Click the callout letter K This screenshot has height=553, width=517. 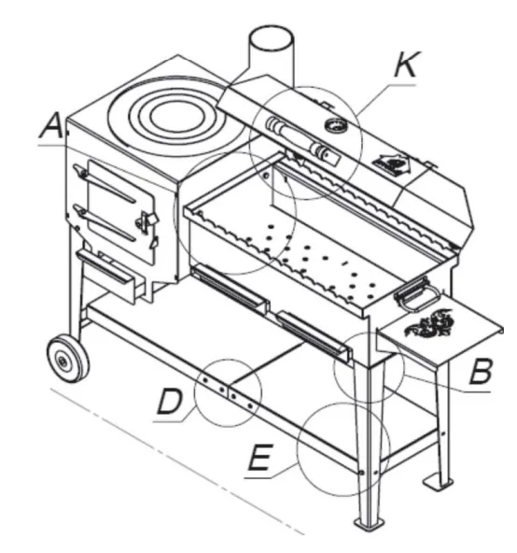406,64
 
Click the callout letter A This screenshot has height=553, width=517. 52,125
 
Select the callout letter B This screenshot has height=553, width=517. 480,371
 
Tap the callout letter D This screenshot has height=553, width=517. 170,401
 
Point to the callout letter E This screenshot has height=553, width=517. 260,457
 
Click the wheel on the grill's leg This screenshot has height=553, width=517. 68,359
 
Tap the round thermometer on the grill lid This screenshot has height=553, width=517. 335,125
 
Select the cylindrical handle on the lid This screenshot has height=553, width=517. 302,138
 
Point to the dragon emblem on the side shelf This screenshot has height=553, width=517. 429,322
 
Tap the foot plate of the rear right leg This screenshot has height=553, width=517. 438,482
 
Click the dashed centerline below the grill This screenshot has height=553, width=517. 177,460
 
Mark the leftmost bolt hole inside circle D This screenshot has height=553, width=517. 205,380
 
